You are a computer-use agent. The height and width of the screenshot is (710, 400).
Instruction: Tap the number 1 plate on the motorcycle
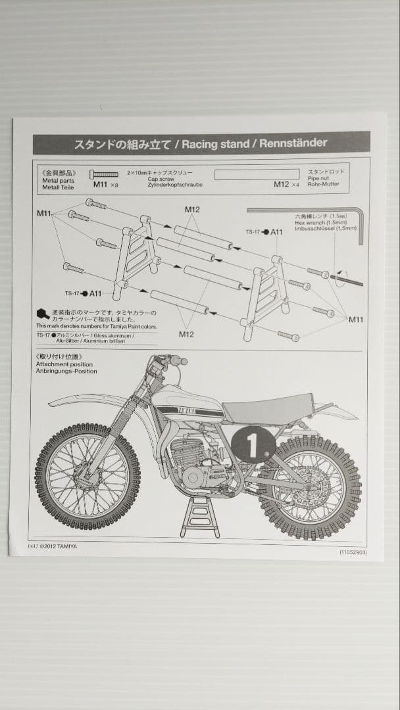253,445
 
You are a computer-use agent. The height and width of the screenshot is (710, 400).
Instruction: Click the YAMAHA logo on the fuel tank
187,410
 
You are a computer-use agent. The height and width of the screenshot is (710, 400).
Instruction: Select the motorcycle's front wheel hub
87,475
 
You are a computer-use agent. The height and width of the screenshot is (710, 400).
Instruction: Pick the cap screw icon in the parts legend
105,174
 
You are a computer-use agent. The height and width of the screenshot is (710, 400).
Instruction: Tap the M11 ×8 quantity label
105,185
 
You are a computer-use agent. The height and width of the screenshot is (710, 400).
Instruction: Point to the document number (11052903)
353,552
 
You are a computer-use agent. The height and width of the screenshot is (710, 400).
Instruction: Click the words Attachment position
64,364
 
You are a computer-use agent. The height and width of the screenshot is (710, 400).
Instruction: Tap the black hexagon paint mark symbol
42,314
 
